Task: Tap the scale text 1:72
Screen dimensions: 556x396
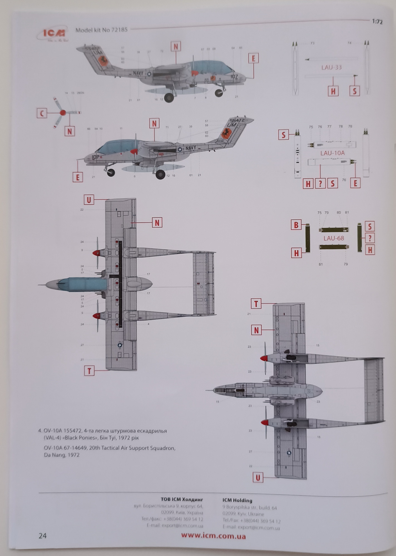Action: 377,22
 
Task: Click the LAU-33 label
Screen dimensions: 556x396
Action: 331,67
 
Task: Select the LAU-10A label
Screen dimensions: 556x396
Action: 332,153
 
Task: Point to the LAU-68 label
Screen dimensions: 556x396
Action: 334,238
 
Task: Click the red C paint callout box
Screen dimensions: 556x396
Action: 42,113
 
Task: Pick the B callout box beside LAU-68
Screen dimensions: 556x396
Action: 296,225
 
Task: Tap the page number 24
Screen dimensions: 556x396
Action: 43,536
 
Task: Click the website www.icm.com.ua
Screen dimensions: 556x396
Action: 213,536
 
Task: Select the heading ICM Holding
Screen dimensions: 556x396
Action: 237,501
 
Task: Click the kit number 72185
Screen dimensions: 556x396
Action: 119,30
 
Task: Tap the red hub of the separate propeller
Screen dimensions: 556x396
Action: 63,113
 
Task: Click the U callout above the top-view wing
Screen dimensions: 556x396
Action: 89,200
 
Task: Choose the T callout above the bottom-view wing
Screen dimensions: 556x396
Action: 256,304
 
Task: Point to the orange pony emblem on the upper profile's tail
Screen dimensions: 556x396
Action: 103,61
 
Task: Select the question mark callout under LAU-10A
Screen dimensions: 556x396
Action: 320,183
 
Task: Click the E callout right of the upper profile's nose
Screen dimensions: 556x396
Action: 253,59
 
